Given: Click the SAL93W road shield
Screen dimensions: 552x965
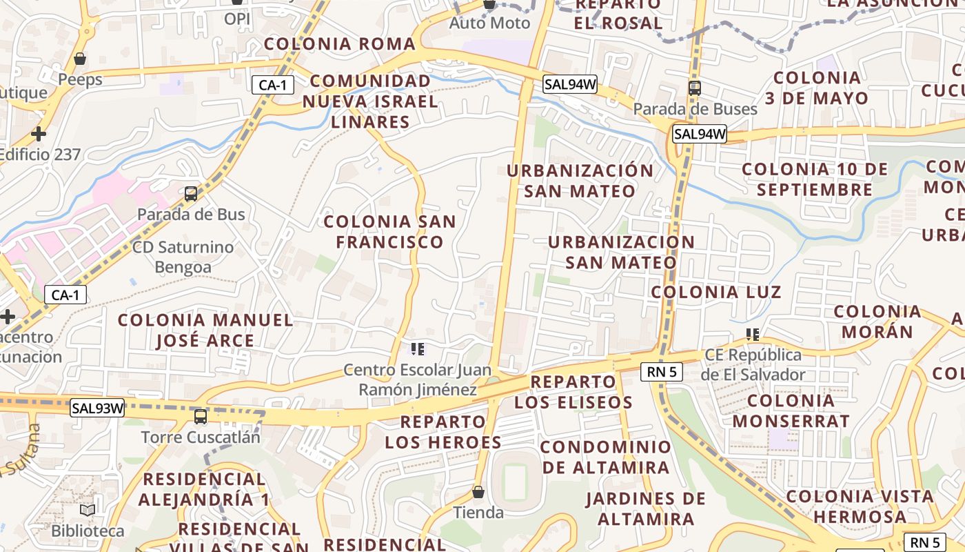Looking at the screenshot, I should [x=97, y=408].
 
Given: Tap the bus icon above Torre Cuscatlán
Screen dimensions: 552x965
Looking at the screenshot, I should [x=201, y=417].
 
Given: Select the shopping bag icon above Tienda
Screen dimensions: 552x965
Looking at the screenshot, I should [x=478, y=492].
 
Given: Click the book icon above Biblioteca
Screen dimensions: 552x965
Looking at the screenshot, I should [x=88, y=510].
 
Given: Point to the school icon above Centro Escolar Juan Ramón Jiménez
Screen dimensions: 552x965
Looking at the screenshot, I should [x=417, y=349].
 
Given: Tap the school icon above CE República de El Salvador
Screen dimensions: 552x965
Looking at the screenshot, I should [x=753, y=335].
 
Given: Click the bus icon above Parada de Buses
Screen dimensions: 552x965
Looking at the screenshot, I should [x=695, y=88].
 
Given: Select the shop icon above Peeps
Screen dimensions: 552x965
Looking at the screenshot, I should [x=80, y=59].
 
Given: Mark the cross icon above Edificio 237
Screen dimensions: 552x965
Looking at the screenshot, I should [x=39, y=133].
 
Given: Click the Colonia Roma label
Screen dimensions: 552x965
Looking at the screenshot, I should [x=340, y=44].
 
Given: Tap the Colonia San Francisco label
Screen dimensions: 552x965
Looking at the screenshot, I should [x=389, y=232].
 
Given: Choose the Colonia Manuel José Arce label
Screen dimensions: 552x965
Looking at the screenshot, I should [x=205, y=330].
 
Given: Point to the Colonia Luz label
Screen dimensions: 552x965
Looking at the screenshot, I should [x=716, y=292].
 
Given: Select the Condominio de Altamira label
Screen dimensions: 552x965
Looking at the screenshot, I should [x=605, y=457].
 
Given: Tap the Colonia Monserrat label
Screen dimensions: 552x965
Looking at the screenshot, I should [x=791, y=411].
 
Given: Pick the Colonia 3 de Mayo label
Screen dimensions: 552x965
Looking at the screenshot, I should [x=817, y=88].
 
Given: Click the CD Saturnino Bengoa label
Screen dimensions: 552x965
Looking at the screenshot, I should [x=183, y=257].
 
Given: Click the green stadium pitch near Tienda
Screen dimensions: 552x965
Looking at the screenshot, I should [x=514, y=482].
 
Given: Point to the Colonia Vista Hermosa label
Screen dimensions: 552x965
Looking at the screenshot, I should [x=860, y=506].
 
